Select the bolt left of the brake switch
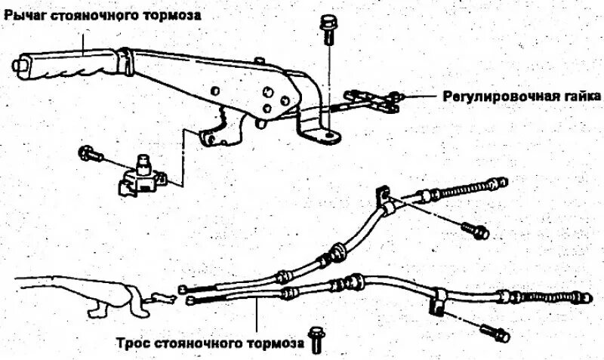pyautogui.click(x=88, y=155)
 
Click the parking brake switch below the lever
pyautogui.click(x=143, y=176)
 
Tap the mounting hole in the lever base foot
pyautogui.click(x=326, y=134)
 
